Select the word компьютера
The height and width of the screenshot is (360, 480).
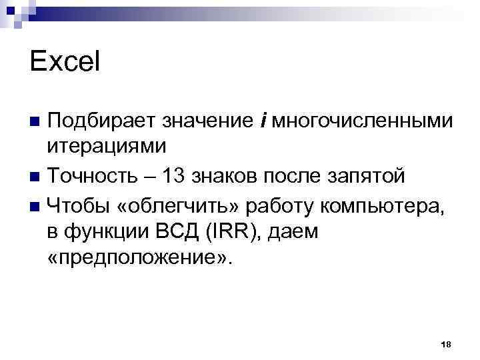[x=381, y=204]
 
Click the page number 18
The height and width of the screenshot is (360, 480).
[x=447, y=343]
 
